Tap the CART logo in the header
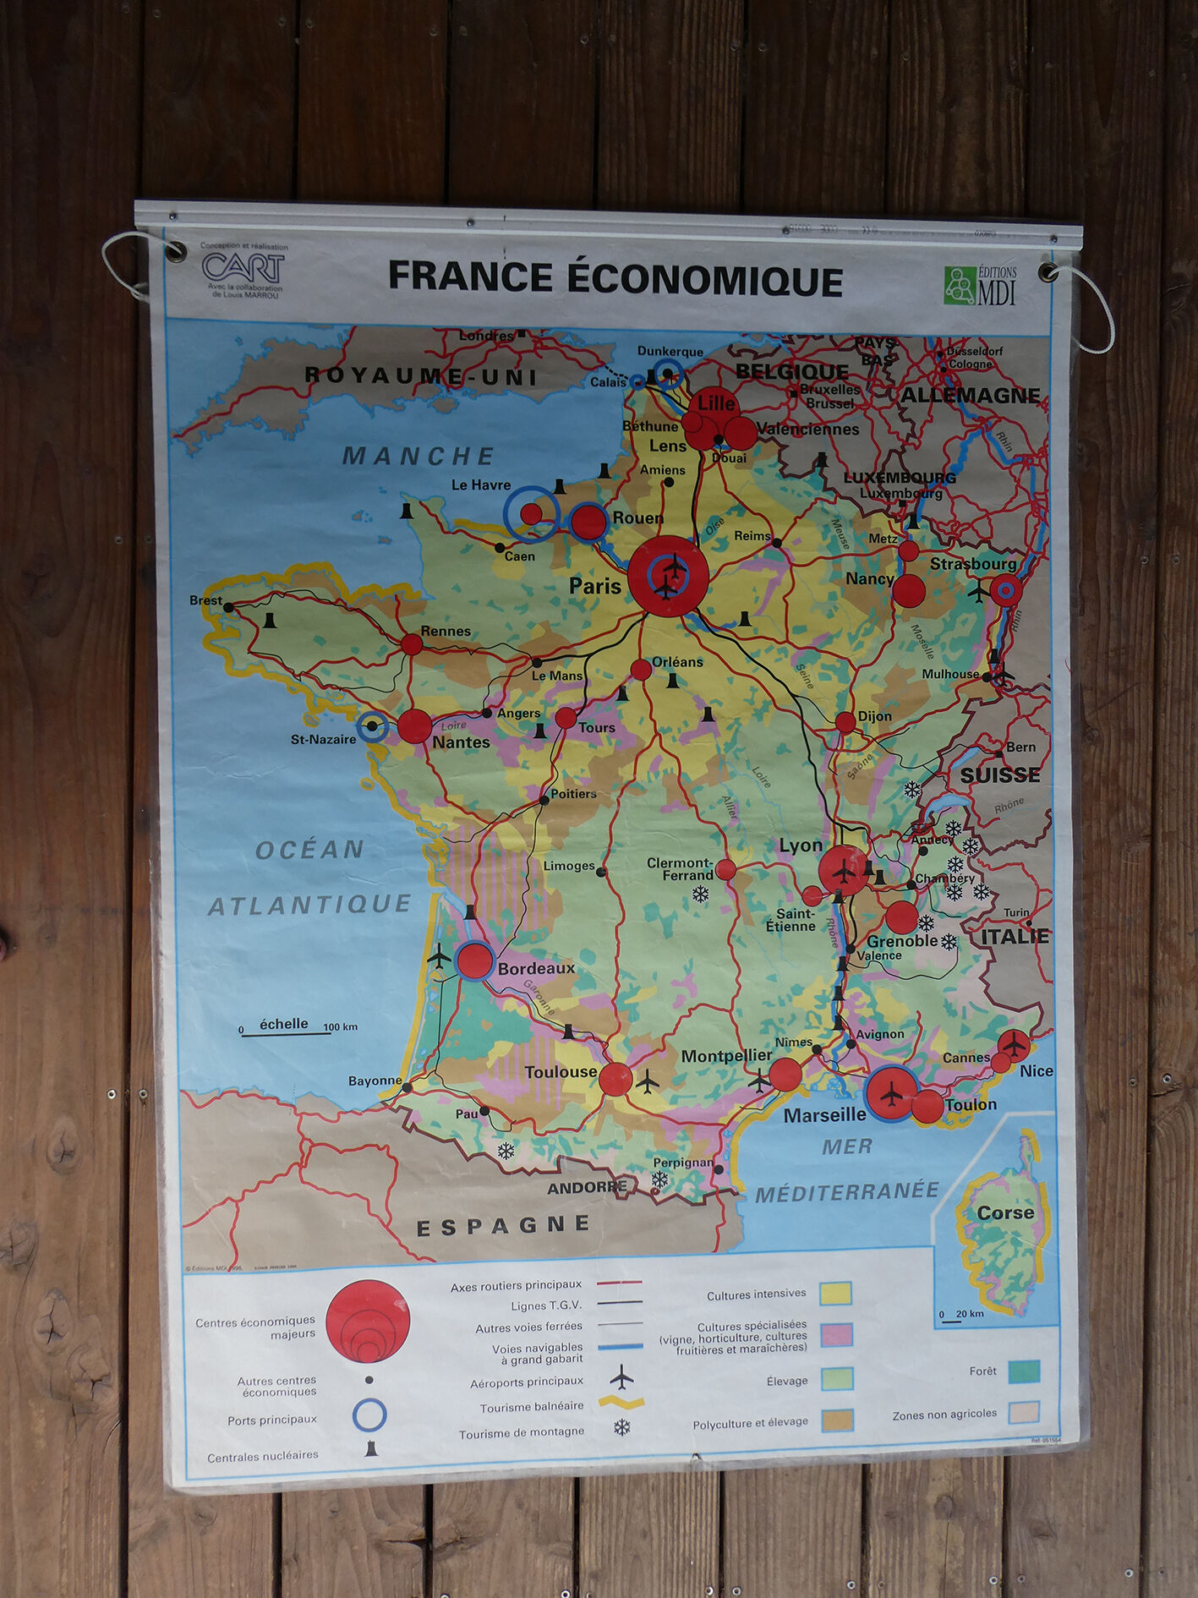pos(243,268)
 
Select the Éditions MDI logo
pos(980,285)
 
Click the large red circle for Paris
pos(668,577)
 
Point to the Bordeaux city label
pos(536,968)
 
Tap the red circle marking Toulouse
pos(615,1079)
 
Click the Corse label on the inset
pos(1005,1212)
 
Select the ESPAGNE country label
pos(503,1225)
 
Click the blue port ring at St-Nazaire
pos(372,726)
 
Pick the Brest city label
pos(205,600)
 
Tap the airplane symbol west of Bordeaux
pos(440,957)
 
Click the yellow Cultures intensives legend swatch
pos(835,1294)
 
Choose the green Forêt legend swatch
pos(1024,1371)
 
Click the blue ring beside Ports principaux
pos(369,1415)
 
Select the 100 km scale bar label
pos(341,1027)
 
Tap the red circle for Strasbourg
pos(1005,590)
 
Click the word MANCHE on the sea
pos(418,457)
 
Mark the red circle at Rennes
pos(412,644)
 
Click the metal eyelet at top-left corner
pos(177,251)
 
